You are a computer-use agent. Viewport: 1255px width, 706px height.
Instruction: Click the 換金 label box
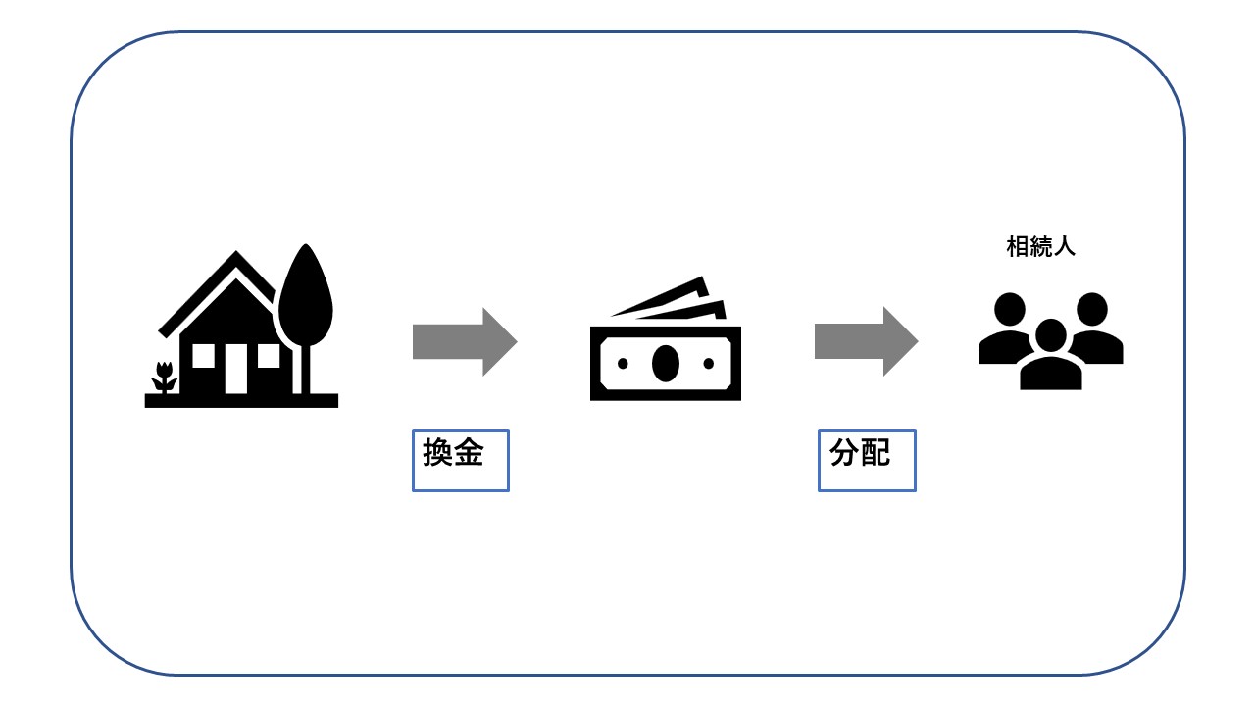click(461, 461)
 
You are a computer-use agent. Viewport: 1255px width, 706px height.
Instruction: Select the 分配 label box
click(867, 461)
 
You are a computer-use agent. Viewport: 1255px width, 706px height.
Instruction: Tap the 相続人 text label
click(1040, 246)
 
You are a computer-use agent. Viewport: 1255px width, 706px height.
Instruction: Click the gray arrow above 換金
click(465, 341)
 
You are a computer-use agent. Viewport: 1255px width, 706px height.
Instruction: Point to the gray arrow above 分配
click(866, 341)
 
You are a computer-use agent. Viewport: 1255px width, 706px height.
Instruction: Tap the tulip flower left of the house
click(164, 377)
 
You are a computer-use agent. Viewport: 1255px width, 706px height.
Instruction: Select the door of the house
click(236, 369)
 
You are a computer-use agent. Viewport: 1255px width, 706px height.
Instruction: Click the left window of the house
click(203, 356)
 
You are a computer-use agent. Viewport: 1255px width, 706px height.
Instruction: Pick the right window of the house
click(269, 356)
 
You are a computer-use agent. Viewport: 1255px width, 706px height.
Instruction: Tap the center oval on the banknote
click(666, 364)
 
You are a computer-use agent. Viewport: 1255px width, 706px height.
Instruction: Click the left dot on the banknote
click(623, 364)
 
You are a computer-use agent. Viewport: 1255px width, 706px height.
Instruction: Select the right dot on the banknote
click(709, 364)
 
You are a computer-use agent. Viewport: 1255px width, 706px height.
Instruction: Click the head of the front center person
click(1050, 335)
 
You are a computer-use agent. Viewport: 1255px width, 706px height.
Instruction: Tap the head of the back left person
click(1010, 309)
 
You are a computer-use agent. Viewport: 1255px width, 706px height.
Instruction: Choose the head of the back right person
click(1092, 309)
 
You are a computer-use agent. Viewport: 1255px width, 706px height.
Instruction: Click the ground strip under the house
click(241, 401)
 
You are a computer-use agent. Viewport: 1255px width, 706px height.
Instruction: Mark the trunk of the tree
click(306, 370)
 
